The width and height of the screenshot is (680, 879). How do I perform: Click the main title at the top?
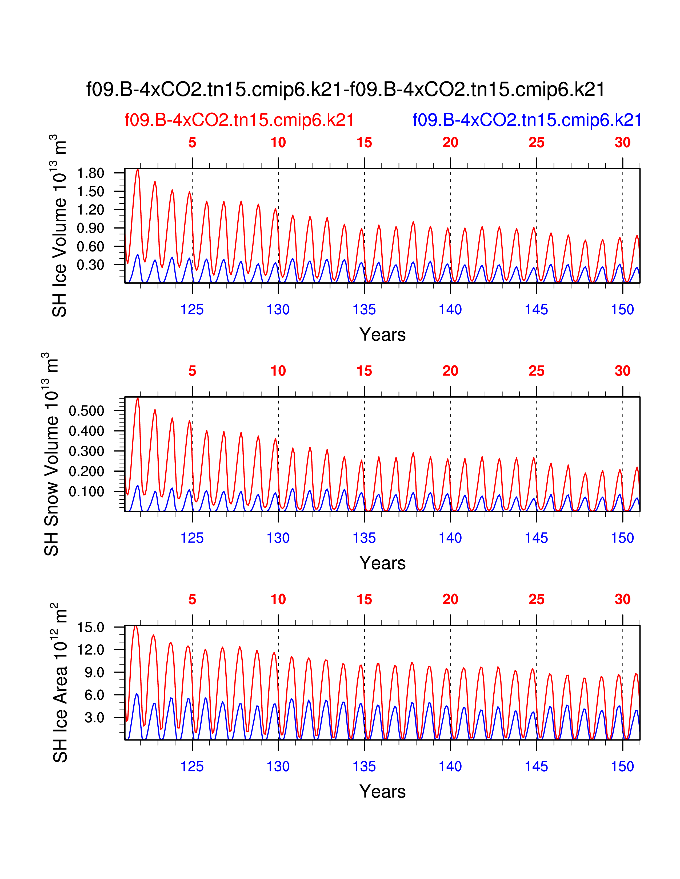[x=345, y=89]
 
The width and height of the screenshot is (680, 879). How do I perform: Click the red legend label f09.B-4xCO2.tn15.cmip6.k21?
[x=239, y=120]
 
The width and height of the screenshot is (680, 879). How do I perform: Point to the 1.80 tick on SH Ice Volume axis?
[x=91, y=173]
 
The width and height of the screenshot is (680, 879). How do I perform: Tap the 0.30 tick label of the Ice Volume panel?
[x=91, y=265]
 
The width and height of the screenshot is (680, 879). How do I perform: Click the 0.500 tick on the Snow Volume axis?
[x=87, y=411]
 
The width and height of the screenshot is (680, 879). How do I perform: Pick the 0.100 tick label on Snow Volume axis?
[x=87, y=491]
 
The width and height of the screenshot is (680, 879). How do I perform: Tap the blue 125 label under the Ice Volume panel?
[x=192, y=310]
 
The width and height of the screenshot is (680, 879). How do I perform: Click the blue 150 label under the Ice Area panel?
[x=622, y=766]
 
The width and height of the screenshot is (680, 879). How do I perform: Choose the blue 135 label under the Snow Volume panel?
[x=364, y=538]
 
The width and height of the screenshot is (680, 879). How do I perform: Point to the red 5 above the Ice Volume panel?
[x=192, y=143]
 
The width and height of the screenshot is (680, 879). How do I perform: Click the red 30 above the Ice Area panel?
[x=622, y=599]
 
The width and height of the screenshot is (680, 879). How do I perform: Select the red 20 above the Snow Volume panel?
[x=450, y=371]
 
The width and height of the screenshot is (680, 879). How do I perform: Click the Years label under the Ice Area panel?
[x=382, y=791]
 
